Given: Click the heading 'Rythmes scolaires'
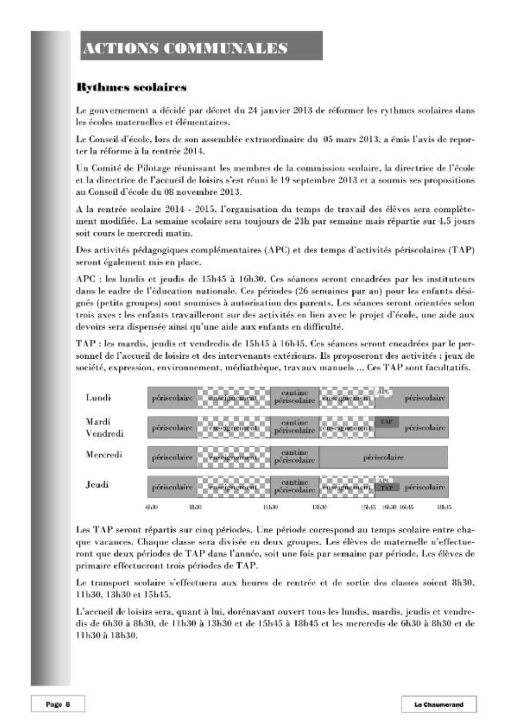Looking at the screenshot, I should pos(131,88).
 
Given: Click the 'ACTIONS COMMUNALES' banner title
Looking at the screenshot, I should pos(185,48).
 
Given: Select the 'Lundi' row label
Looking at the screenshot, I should pos(98,397).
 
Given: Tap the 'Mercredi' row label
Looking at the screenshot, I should pos(104,455).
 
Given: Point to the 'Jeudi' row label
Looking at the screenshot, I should pos(97,484).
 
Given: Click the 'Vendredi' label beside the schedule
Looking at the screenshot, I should pos(104,433).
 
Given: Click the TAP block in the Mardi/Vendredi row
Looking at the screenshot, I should pos(386,422).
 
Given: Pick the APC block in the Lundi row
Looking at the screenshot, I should pos(384,391).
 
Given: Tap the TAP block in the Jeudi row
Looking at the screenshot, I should pos(386,488).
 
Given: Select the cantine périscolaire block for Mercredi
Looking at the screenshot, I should pos(295,457).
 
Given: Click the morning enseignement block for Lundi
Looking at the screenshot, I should pos(233,398).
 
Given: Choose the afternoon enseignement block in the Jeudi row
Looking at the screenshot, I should pos(346,487).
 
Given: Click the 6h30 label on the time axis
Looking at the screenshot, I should pos(151,507).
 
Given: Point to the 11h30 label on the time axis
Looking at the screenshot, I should pos(270,507).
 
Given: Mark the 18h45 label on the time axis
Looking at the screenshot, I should pos(444,507).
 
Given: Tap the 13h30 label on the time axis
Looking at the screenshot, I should pos(319,507).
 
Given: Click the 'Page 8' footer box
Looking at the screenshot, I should pos(57,704).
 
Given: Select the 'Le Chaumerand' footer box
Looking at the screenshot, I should pos(438,704).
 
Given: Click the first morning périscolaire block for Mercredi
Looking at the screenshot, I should pos(172,457).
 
